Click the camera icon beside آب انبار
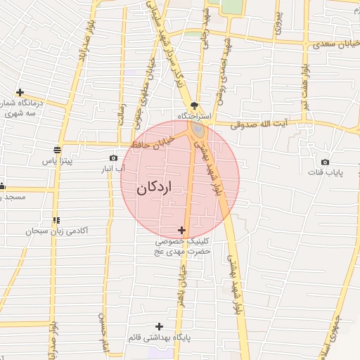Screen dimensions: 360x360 [x=113, y=158]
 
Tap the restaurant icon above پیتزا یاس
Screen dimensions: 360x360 [x=57, y=149]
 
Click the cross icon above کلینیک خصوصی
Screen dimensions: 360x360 [x=182, y=230]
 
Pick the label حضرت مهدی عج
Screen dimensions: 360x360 [x=184, y=251]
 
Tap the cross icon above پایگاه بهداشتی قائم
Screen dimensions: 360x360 [x=160, y=326]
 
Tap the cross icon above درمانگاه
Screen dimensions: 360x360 [x=20, y=92]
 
